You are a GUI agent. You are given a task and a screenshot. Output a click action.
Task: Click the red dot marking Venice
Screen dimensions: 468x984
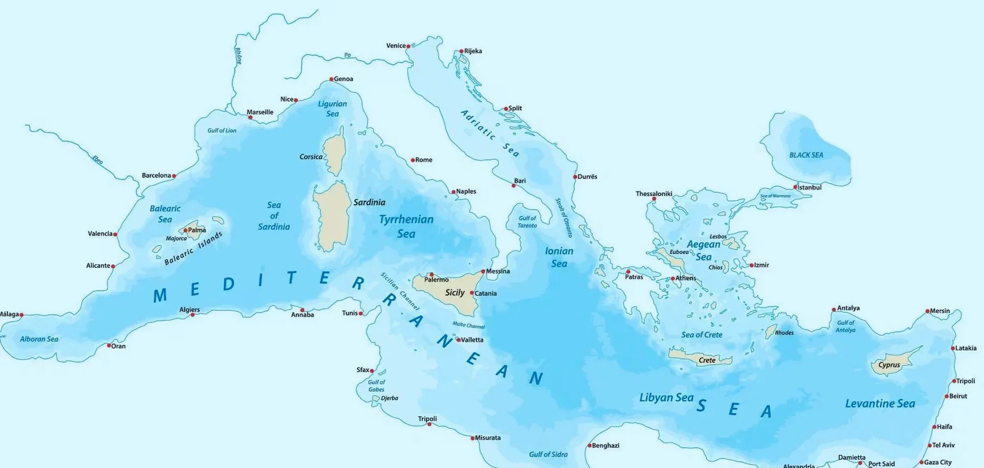click(408, 46)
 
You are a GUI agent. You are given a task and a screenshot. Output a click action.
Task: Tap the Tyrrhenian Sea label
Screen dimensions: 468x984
click(406, 226)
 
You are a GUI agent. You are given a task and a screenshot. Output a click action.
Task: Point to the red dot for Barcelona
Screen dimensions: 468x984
click(174, 176)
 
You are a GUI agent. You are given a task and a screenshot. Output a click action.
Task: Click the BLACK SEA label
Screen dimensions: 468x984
click(806, 155)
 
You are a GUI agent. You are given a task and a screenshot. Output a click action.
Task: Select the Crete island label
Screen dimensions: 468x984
click(707, 360)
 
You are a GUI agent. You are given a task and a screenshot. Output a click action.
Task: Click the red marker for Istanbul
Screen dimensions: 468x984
click(795, 187)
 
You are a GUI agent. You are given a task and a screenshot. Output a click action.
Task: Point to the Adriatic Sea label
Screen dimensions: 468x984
click(489, 133)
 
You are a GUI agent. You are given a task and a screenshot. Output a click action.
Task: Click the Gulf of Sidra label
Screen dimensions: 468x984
click(548, 454)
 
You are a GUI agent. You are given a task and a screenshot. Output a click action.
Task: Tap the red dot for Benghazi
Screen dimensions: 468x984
click(589, 446)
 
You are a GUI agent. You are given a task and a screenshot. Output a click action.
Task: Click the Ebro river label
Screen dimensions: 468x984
click(97, 159)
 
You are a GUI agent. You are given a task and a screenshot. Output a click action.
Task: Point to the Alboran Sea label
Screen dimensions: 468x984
click(39, 339)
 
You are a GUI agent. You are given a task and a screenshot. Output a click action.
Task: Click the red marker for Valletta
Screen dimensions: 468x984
click(458, 339)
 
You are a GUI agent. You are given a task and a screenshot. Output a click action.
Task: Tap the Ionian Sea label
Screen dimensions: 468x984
click(559, 257)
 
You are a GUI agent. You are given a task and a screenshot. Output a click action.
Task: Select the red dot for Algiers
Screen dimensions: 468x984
click(193, 315)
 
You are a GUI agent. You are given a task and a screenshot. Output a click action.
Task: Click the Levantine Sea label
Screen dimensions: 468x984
click(880, 404)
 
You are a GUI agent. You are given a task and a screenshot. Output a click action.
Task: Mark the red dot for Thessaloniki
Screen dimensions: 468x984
click(654, 199)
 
